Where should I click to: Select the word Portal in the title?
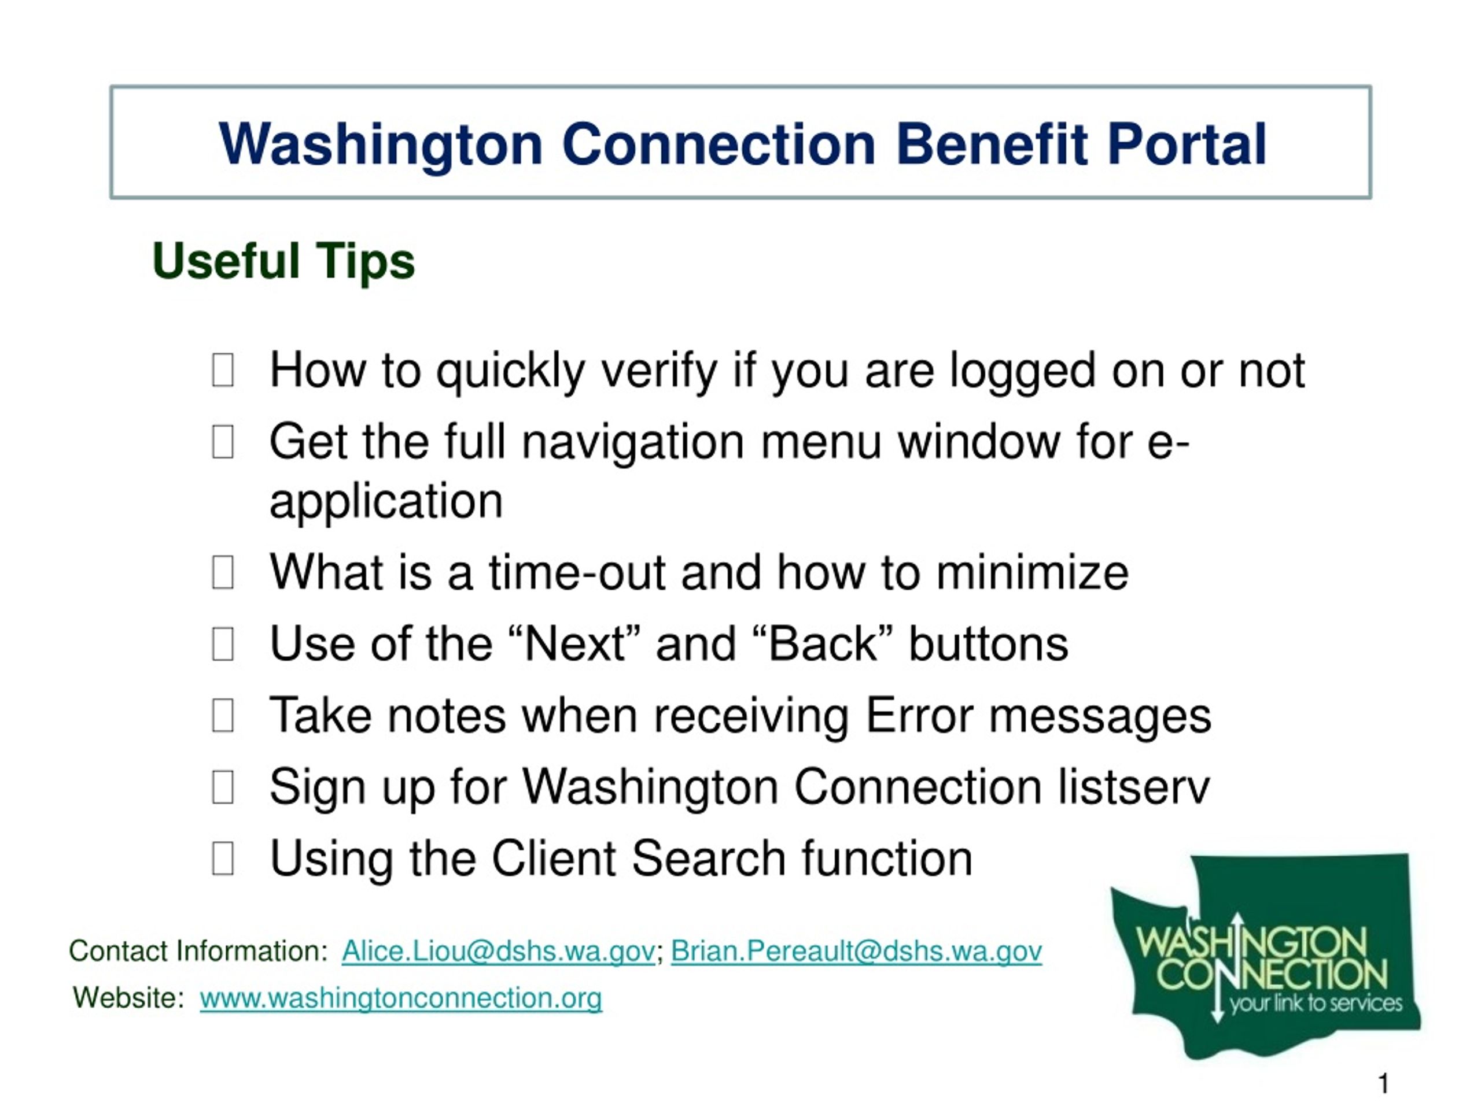point(1187,144)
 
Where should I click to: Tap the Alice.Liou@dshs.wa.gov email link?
point(498,951)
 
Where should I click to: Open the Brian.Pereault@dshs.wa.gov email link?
point(856,951)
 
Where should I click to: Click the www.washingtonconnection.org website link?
point(401,998)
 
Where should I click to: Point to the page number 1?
point(1383,1083)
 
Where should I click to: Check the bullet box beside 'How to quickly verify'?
point(223,370)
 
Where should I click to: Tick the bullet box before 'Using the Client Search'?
point(223,859)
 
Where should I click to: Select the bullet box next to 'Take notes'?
point(223,715)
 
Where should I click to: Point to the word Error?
point(919,715)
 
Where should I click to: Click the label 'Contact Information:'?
point(198,951)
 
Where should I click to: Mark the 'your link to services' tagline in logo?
point(1316,1002)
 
